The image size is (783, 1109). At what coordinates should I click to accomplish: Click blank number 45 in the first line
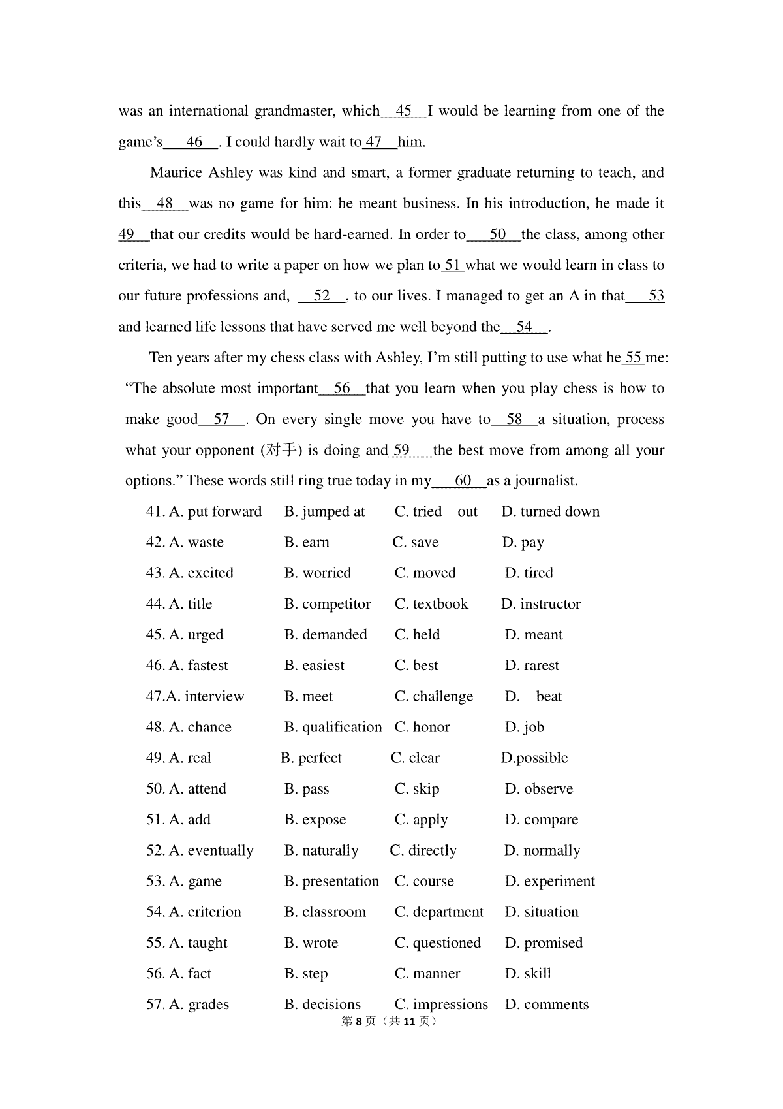pos(403,111)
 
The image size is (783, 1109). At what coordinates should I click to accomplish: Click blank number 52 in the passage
pos(322,296)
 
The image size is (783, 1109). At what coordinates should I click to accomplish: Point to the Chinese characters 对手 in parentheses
pos(282,450)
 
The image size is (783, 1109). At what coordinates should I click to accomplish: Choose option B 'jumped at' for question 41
pos(325,512)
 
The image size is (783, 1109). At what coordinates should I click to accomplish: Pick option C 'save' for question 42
pos(416,543)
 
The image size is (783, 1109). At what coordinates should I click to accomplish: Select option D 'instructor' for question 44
pos(541,604)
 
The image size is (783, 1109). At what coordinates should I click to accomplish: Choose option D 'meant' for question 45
pos(534,635)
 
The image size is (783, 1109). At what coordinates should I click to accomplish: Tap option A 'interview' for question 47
pos(195,697)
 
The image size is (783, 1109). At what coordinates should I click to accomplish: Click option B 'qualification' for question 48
pos(333,728)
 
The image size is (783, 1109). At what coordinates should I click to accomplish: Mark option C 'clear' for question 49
pos(416,758)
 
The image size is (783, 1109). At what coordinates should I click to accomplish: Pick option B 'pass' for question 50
pos(307,789)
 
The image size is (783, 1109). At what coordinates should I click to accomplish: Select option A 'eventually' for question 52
pos(200,851)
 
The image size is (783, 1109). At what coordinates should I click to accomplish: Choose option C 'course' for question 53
pos(424,882)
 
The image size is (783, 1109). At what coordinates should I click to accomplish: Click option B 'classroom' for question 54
pos(325,912)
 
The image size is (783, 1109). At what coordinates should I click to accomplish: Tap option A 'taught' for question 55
pos(187,943)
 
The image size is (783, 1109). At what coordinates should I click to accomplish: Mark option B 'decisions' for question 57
pos(322,1005)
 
